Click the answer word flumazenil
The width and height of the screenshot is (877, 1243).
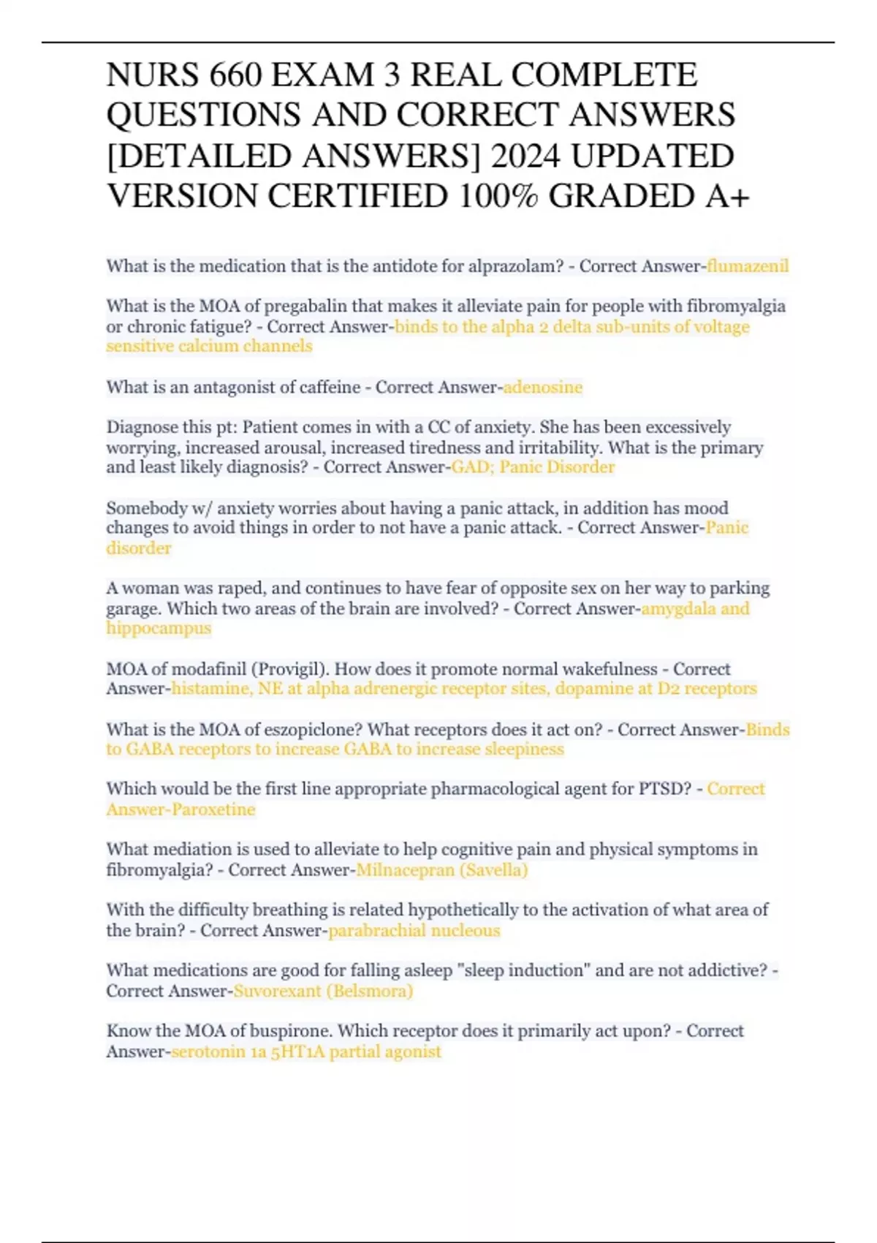pyautogui.click(x=748, y=266)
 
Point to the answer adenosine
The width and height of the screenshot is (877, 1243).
pyautogui.click(x=543, y=387)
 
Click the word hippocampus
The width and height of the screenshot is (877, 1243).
pyautogui.click(x=159, y=628)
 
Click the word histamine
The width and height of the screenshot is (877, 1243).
pyautogui.click(x=210, y=689)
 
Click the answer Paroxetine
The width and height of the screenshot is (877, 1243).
pyautogui.click(x=213, y=809)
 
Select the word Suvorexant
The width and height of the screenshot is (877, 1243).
pyautogui.click(x=277, y=991)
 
